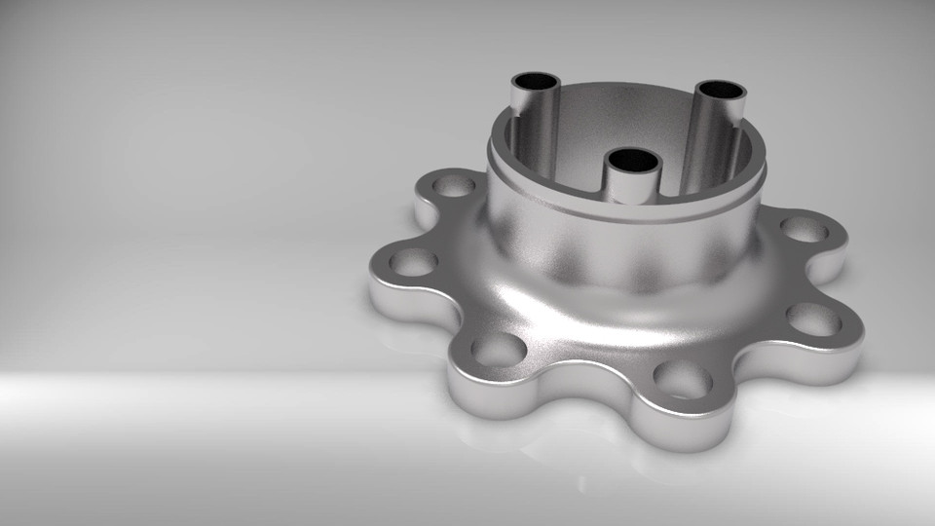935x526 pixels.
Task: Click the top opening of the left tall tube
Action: click(535, 82)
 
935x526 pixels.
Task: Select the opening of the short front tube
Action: click(632, 159)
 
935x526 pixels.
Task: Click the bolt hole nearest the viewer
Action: click(682, 378)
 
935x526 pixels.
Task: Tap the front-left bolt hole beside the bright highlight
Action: click(499, 348)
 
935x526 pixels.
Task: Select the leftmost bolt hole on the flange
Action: click(414, 261)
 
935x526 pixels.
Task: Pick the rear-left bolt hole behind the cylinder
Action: click(454, 185)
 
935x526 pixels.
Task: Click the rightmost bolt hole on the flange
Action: click(813, 319)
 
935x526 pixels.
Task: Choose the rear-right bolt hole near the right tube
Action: click(804, 229)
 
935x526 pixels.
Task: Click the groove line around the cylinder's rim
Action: click(623, 215)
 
